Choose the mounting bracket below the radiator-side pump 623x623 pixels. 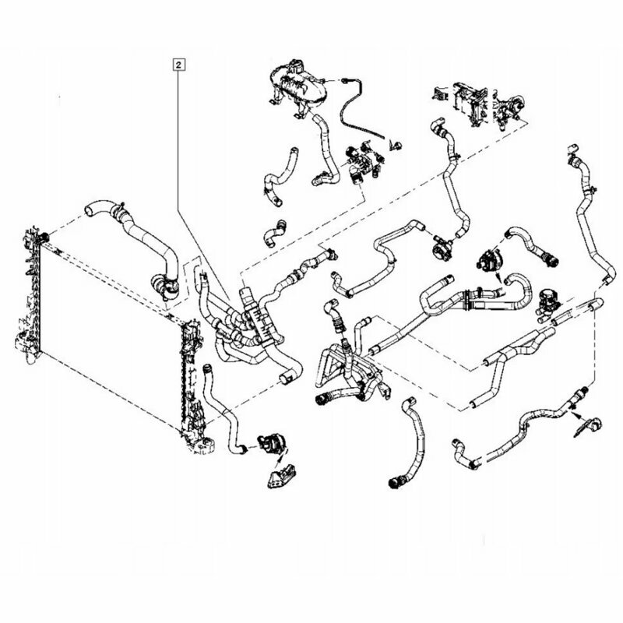coord(281,475)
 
